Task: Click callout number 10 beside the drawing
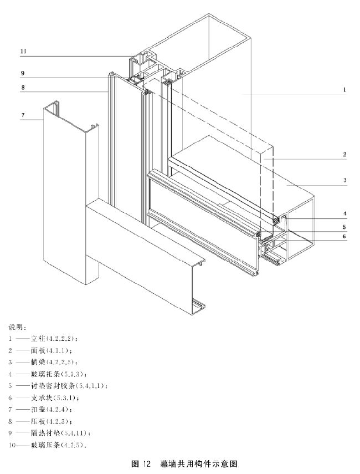click(x=23, y=51)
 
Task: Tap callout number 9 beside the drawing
click(x=23, y=73)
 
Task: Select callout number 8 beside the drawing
click(x=23, y=87)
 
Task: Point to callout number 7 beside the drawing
click(x=23, y=115)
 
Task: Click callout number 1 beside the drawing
click(x=344, y=89)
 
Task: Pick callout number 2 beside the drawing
click(x=344, y=154)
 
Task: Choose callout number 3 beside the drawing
click(x=344, y=180)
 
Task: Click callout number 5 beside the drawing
click(x=344, y=226)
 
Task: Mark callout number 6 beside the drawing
click(x=344, y=236)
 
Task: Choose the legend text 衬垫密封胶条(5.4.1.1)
click(x=69, y=386)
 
